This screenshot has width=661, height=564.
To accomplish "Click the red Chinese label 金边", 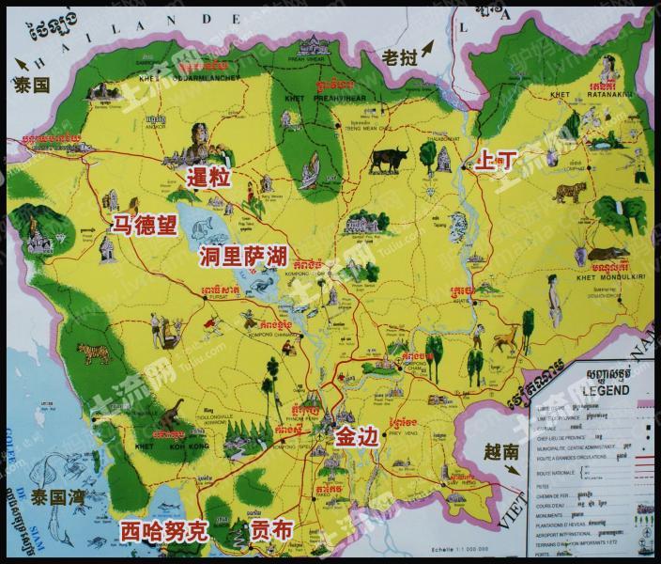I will [x=358, y=435].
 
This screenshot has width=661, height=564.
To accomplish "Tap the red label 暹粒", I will [x=209, y=178].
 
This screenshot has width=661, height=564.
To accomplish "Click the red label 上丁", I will [x=497, y=158].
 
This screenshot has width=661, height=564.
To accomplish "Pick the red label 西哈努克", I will [x=162, y=531].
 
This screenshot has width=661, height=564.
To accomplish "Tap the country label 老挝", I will [x=400, y=57].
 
